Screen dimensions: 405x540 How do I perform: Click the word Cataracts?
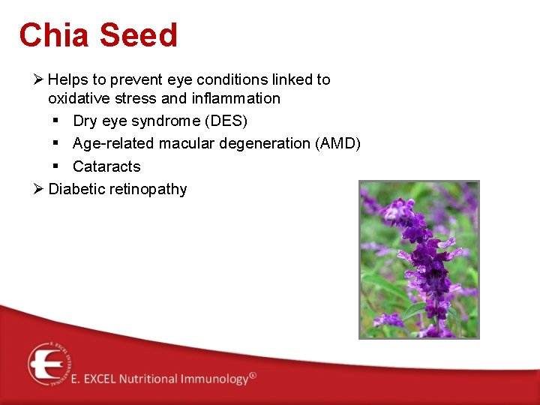[x=106, y=166]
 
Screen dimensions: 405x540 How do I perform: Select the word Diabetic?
[x=76, y=189]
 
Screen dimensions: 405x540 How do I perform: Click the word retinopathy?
[x=148, y=189]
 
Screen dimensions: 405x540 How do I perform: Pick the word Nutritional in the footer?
[x=145, y=379]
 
